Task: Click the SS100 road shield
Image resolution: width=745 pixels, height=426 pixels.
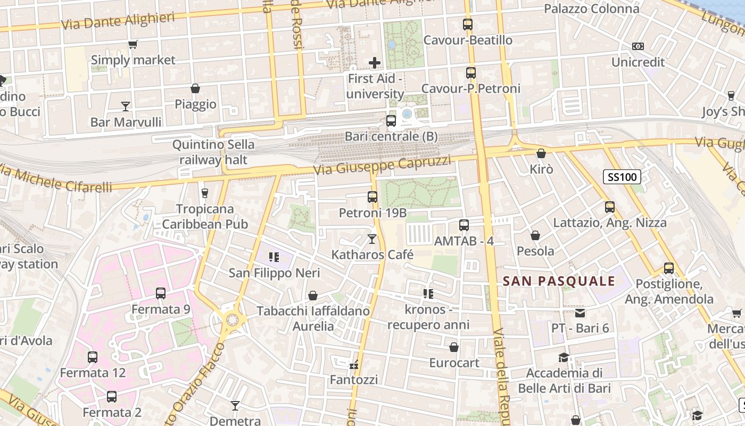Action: [622, 177]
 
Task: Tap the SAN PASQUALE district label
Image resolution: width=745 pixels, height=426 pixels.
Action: [559, 281]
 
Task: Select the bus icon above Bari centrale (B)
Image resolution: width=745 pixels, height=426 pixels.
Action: [391, 121]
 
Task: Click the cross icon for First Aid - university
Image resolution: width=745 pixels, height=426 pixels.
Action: [375, 63]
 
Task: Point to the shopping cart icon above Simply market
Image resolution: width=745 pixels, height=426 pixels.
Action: [133, 45]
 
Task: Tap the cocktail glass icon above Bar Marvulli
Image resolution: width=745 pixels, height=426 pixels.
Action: [126, 106]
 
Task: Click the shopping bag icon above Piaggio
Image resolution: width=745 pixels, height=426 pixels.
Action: [195, 88]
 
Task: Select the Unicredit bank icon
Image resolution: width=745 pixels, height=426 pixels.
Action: [638, 46]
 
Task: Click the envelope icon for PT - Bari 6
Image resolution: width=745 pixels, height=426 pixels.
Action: [580, 313]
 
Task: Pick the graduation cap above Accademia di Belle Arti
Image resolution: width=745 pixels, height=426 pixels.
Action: [564, 357]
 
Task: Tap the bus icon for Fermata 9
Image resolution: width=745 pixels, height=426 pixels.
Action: [161, 293]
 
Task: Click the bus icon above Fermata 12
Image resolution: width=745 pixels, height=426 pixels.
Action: [93, 357]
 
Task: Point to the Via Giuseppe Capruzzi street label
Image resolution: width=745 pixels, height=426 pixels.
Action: [382, 166]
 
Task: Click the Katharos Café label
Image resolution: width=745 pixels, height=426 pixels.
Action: [372, 255]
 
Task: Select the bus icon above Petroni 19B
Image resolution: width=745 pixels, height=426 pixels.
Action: [372, 197]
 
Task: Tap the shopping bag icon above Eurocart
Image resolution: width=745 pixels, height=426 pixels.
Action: [454, 347]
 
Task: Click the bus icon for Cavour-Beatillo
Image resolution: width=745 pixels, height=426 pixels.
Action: [468, 24]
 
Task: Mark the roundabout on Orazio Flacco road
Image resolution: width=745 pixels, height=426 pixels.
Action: [232, 320]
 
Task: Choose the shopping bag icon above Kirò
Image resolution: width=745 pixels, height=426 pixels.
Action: [541, 153]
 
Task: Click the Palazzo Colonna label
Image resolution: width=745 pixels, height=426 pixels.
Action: [591, 9]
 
